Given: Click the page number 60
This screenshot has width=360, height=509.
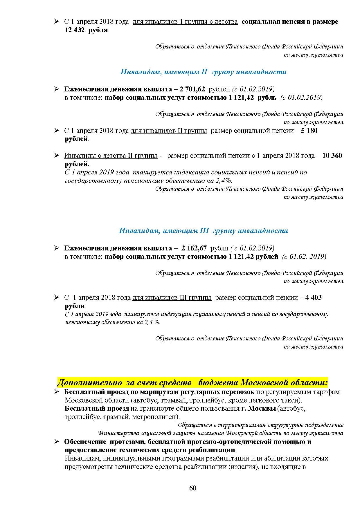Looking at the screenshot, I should point(192,488).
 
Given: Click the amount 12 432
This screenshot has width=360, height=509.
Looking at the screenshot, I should point(74,30).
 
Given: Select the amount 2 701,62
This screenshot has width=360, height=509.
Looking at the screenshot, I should point(193,89).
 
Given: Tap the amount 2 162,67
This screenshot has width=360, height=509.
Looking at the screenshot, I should point(194,248).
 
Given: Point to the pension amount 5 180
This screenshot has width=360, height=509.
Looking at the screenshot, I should point(309,131).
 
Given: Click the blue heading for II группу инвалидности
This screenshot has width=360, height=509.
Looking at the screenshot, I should point(203,72).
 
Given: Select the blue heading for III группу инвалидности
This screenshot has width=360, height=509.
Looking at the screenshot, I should point(203,231).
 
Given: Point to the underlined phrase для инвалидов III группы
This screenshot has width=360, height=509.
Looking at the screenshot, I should point(172,297).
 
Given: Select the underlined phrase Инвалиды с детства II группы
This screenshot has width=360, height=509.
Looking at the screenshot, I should point(111,156).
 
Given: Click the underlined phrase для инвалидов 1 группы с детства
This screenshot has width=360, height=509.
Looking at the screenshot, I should point(185,22).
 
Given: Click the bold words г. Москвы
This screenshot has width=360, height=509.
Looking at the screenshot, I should point(258,408).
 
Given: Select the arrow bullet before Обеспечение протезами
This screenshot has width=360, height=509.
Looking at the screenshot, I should point(57,442).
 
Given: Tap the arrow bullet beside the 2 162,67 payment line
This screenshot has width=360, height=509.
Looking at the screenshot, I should point(57,248).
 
